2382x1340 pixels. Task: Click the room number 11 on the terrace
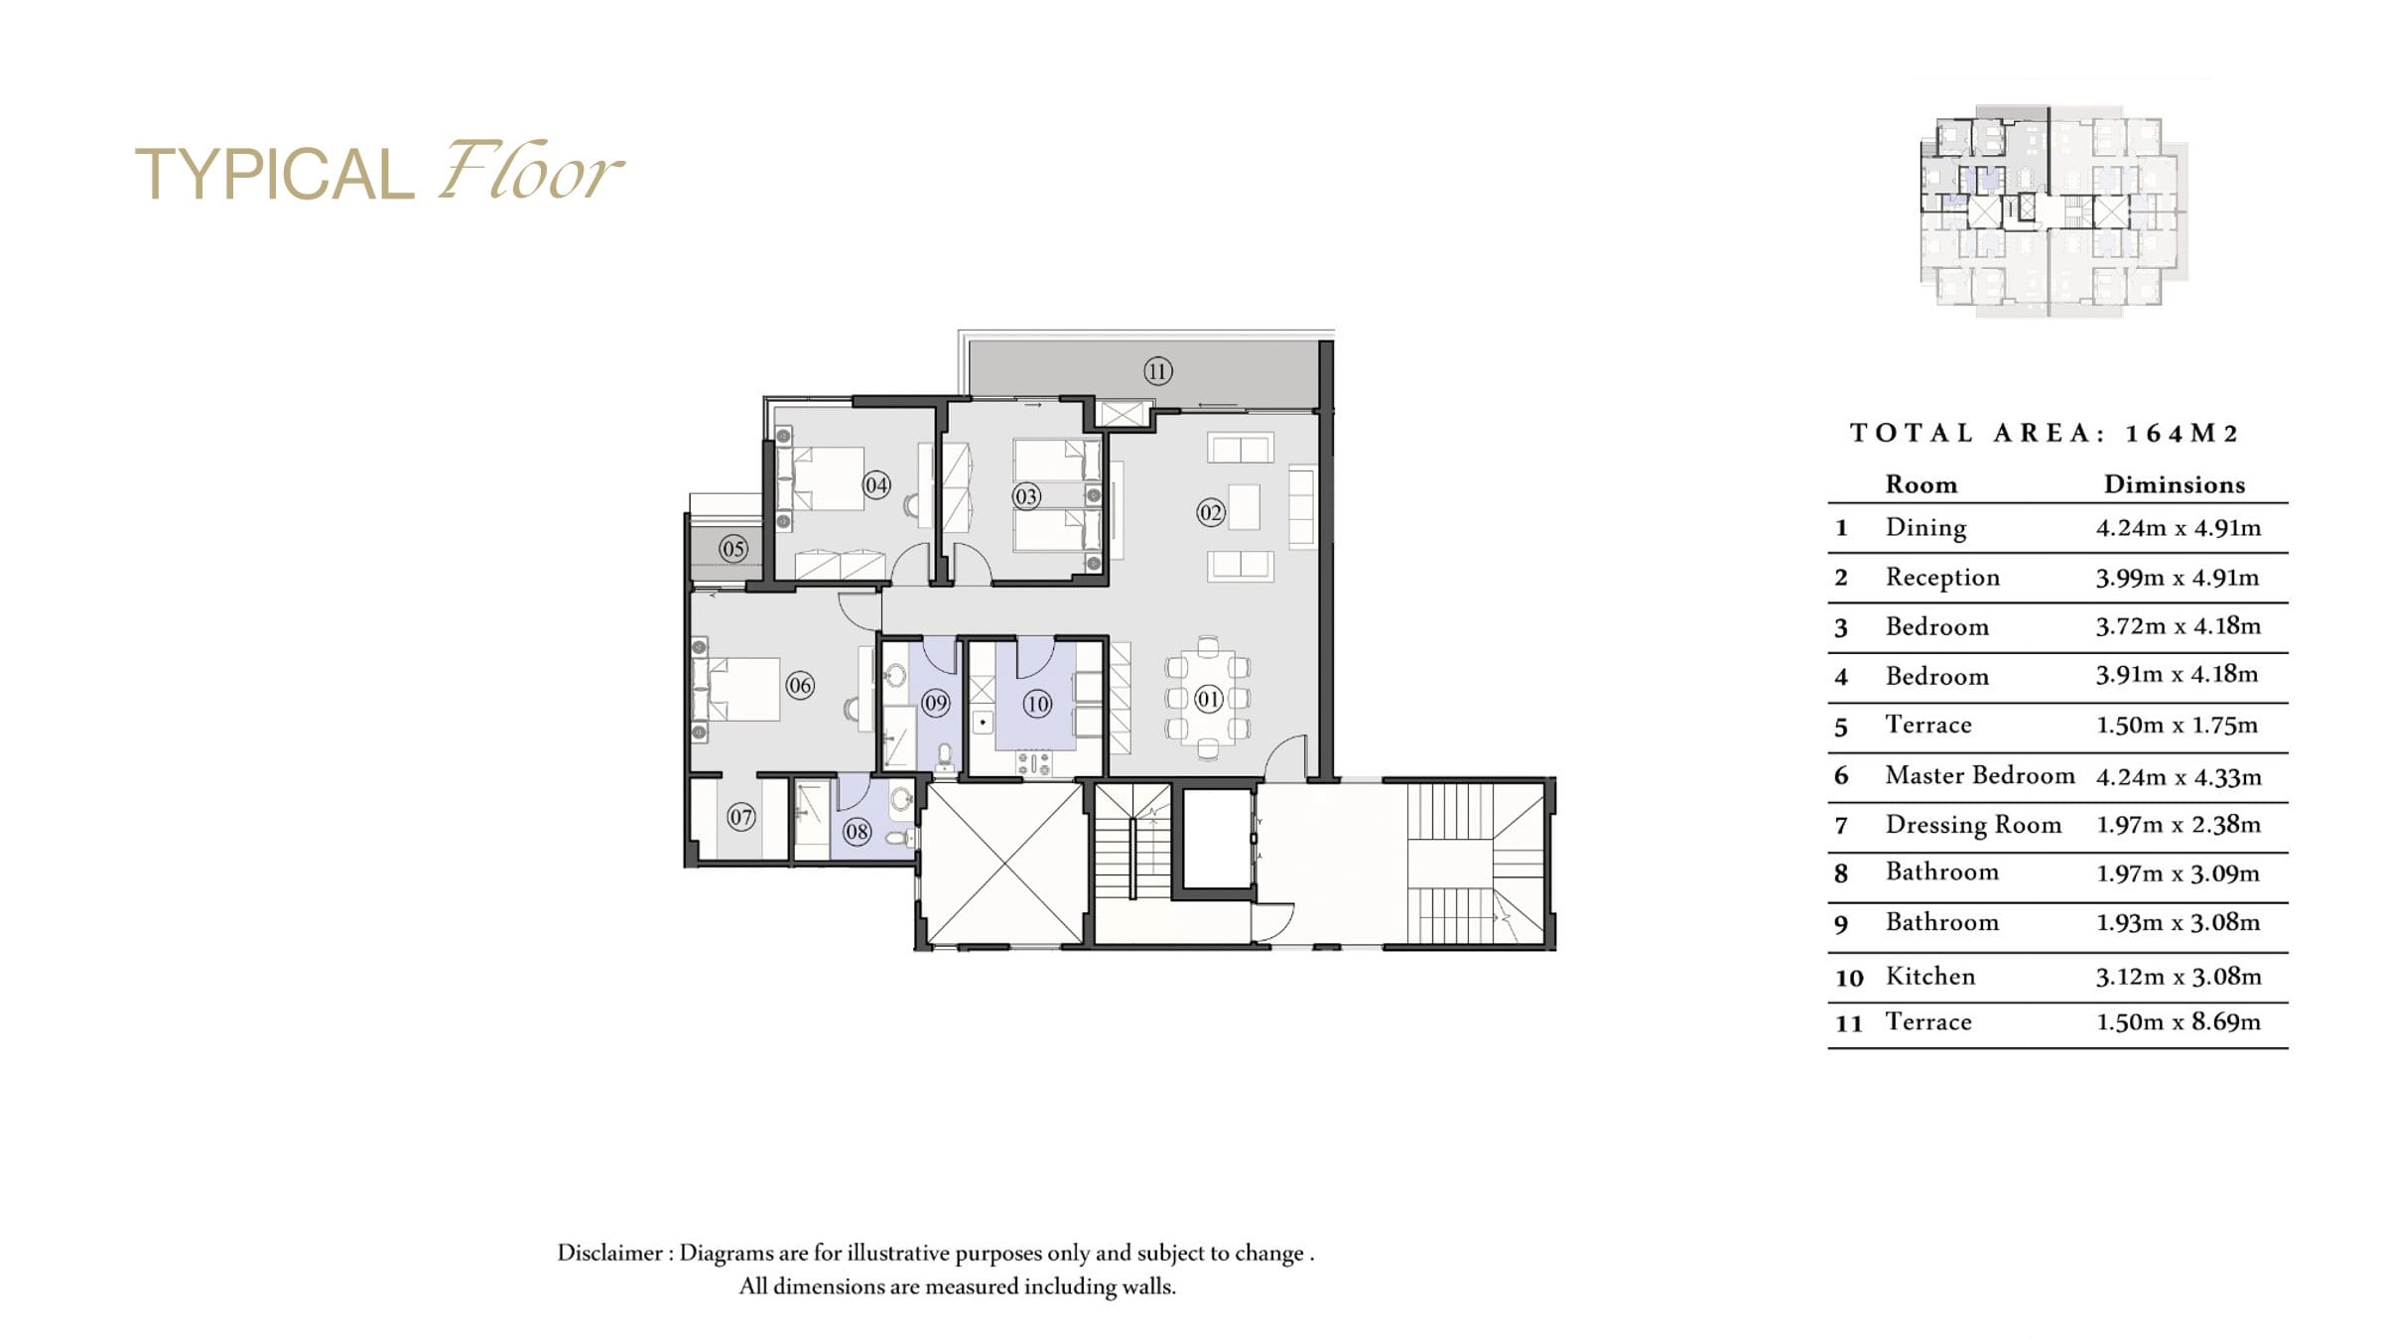pos(1157,371)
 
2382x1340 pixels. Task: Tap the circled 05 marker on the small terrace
pos(733,549)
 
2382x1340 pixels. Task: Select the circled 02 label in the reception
pos(1210,513)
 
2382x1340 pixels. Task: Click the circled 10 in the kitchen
pos(1037,705)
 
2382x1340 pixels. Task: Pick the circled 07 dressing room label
pos(741,818)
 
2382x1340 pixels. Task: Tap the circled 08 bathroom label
pos(857,832)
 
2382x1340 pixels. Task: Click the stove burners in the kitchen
pos(1033,763)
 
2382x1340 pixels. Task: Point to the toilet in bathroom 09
pos(945,757)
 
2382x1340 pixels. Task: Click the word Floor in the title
pos(531,171)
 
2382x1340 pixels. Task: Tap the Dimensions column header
pos(2175,484)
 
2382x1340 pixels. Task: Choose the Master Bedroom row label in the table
pos(1980,775)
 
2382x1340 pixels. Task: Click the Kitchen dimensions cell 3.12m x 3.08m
pos(2179,977)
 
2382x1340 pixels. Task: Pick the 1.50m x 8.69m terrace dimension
pos(2179,1022)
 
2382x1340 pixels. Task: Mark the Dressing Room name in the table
pos(1973,825)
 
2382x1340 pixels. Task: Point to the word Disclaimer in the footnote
pos(609,1253)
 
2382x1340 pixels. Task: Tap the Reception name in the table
pos(1942,578)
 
